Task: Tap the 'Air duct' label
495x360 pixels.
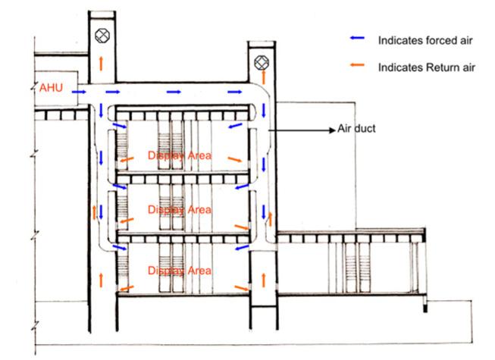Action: pyautogui.click(x=356, y=130)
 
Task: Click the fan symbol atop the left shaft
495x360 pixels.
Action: pyautogui.click(x=100, y=35)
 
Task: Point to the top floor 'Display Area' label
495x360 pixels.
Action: pyautogui.click(x=179, y=156)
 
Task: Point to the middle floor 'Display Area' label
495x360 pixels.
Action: pyautogui.click(x=179, y=208)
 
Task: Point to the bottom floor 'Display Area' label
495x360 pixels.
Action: pyautogui.click(x=179, y=271)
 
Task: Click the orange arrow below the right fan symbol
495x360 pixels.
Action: pyautogui.click(x=262, y=80)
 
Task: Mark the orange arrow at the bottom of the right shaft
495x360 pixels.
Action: pyautogui.click(x=262, y=279)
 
